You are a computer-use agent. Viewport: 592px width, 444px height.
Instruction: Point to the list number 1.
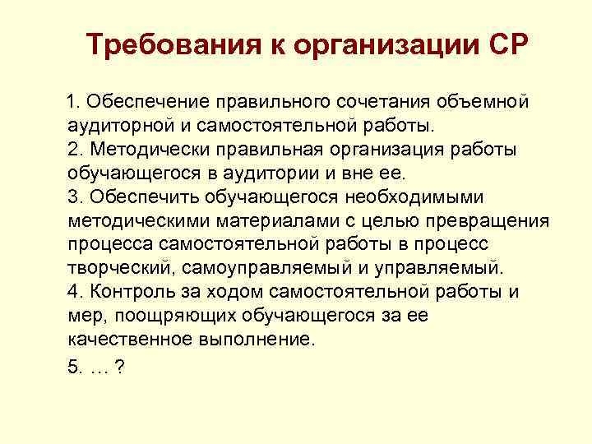tap(74, 103)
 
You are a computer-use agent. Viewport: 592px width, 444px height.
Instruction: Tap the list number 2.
tap(74, 150)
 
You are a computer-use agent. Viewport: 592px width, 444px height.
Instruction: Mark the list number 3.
tap(74, 197)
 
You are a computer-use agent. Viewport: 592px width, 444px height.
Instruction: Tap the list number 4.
tap(74, 292)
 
